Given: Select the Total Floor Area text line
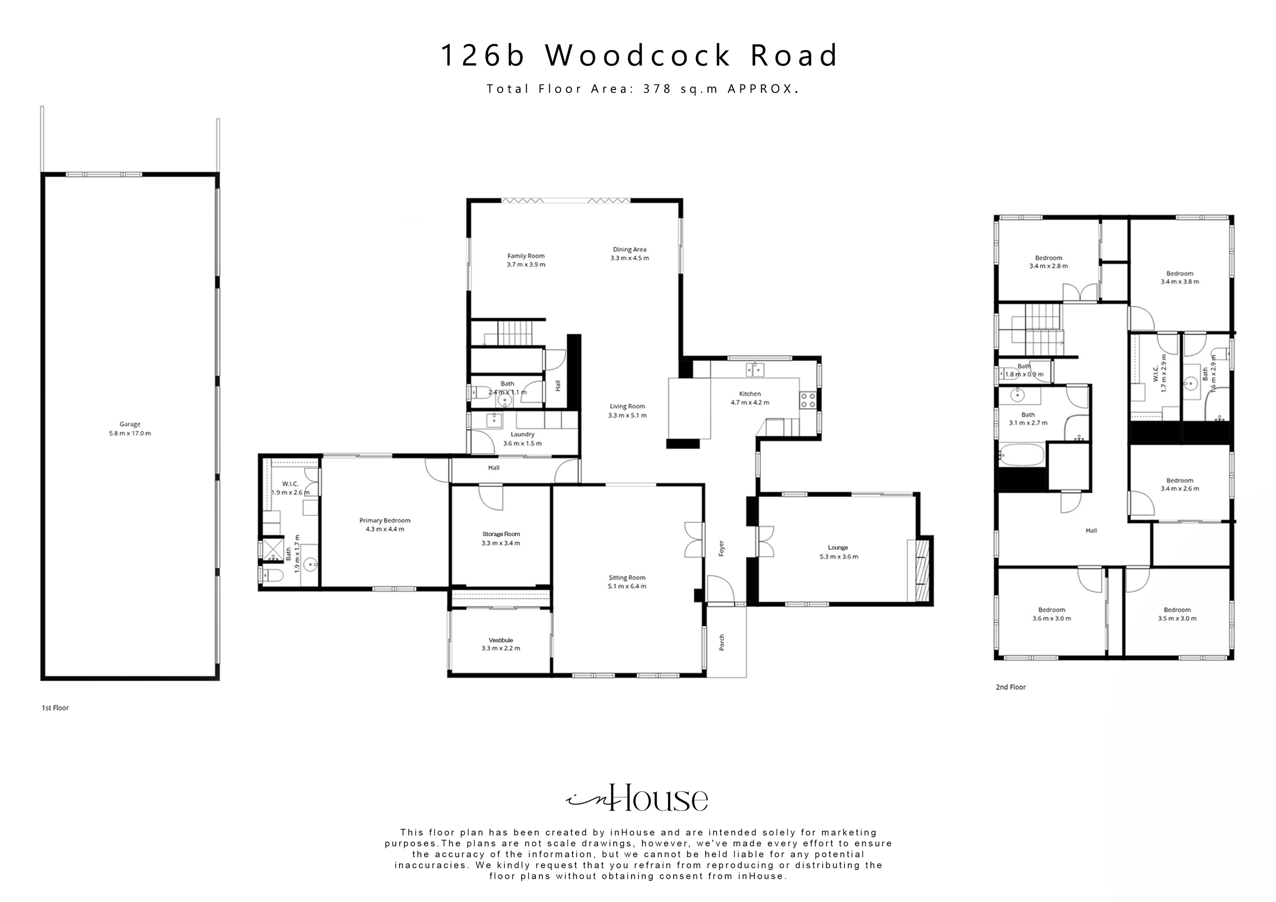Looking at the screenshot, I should tap(642, 89).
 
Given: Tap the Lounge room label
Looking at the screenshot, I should tap(838, 548).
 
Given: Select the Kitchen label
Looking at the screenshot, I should tap(750, 394).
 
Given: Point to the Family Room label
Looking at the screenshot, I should tap(526, 256).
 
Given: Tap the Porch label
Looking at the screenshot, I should tap(722, 643).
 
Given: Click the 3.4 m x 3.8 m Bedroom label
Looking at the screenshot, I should tap(1179, 274).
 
